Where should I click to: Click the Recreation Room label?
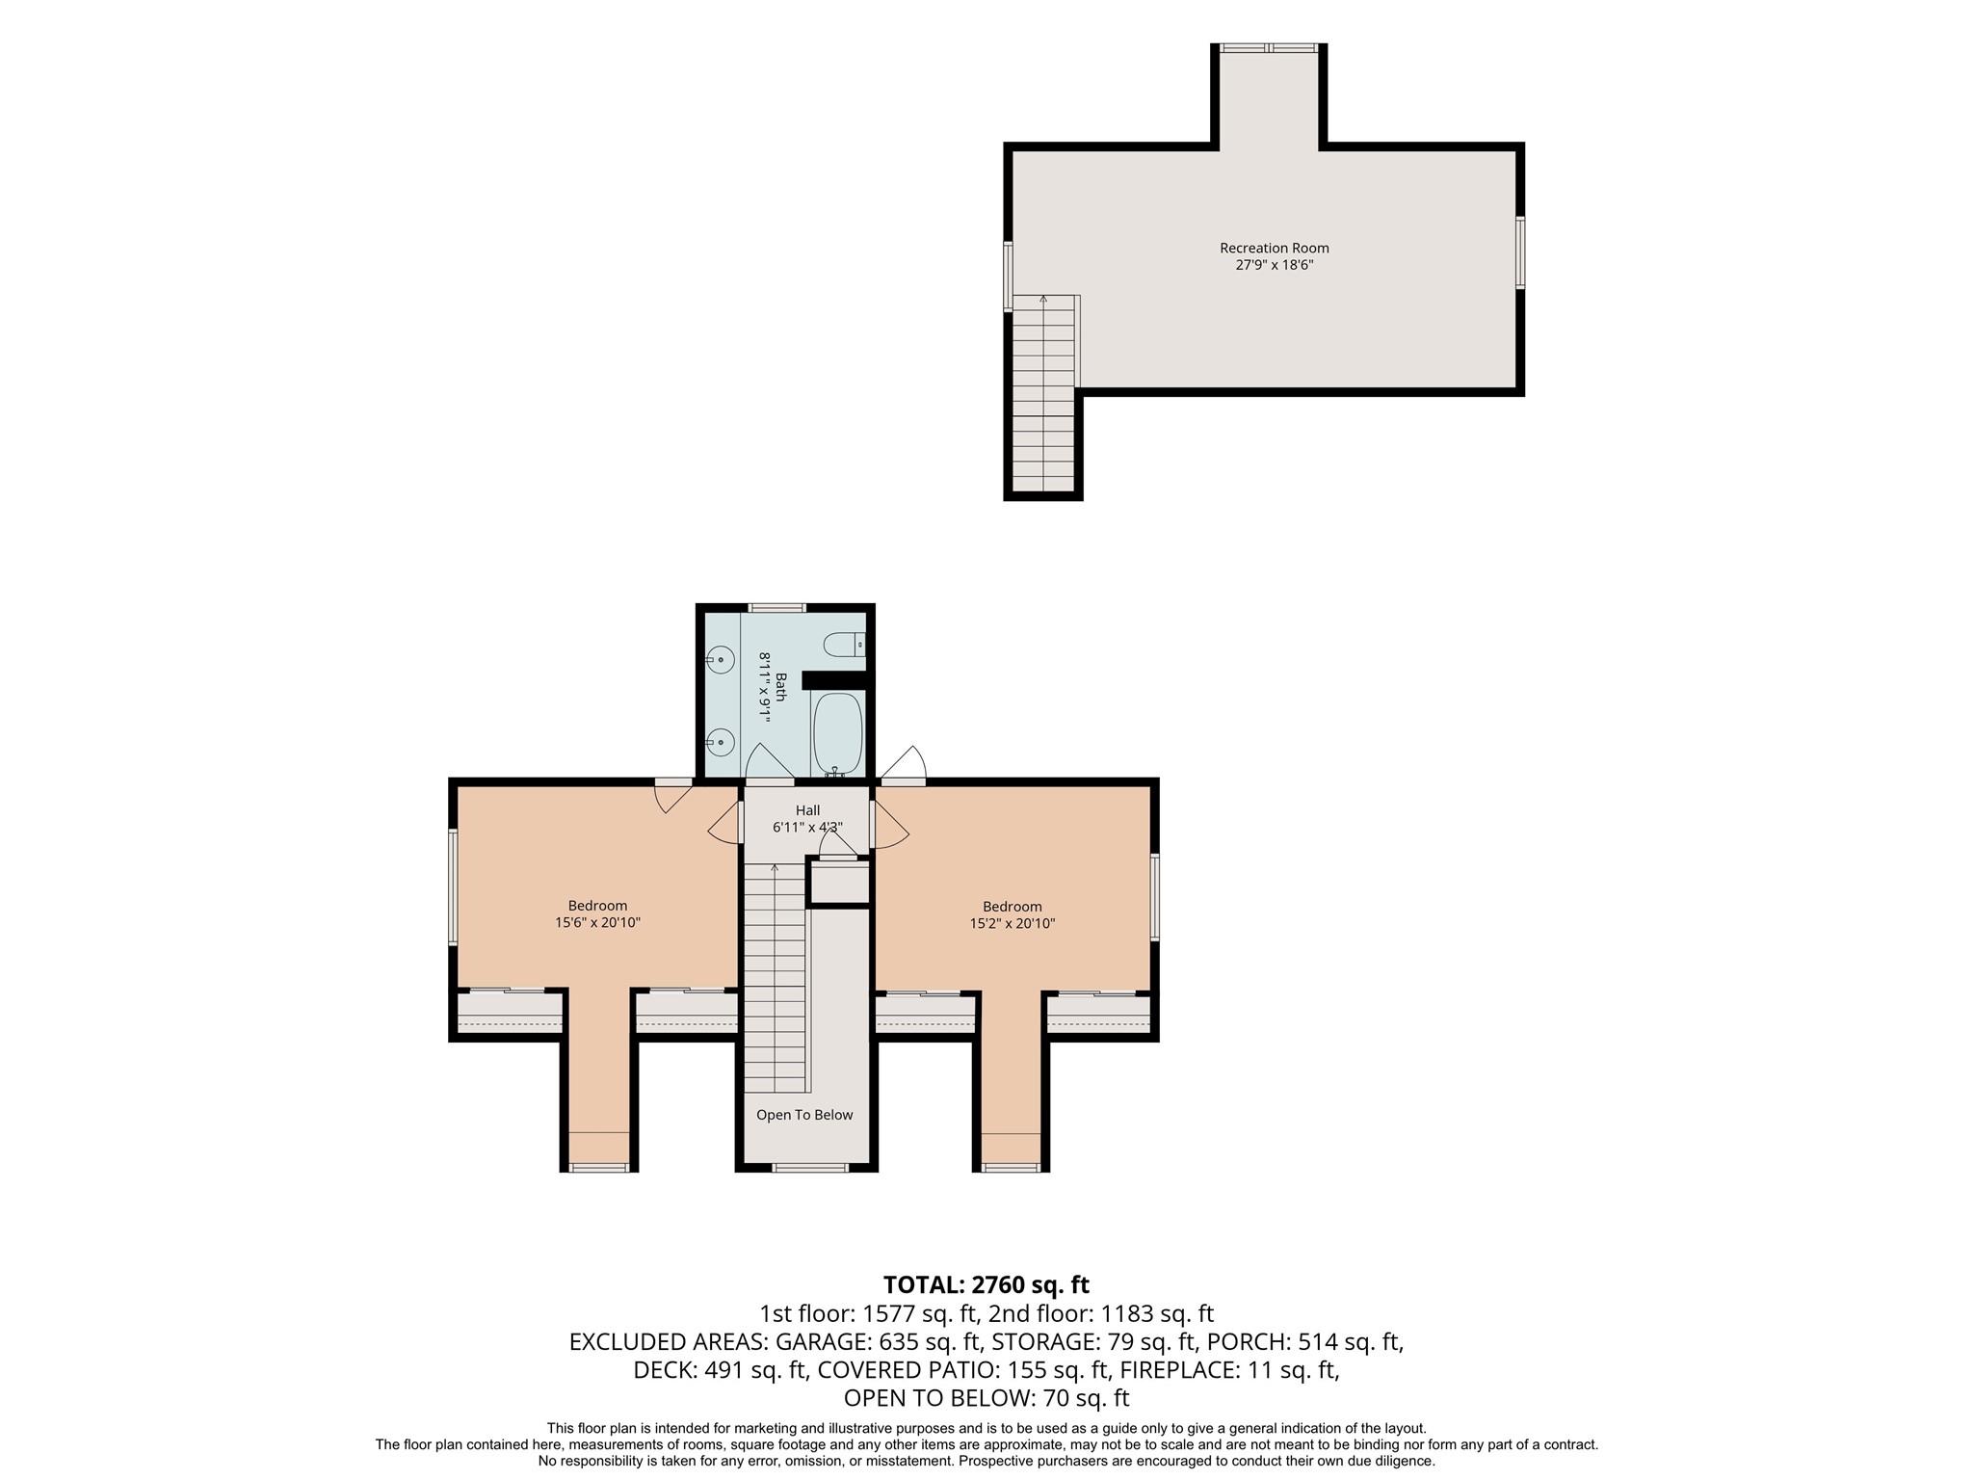tap(1274, 248)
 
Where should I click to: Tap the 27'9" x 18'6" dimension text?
tap(1274, 264)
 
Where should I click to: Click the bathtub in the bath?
tap(837, 734)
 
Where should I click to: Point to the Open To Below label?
tap(804, 1115)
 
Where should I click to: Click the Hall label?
tap(807, 810)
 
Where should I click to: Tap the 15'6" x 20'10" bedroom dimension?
tap(597, 922)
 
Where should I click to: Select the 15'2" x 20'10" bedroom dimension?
tap(1013, 923)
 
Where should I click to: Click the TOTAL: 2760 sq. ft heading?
tap(986, 1284)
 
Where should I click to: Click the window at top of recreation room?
tap(1268, 47)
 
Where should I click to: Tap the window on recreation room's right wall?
tap(1520, 252)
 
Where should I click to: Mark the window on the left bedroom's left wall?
tap(453, 886)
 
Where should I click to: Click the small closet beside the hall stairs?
tap(838, 882)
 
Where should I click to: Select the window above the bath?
tap(777, 608)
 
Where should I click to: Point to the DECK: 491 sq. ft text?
tap(726, 1369)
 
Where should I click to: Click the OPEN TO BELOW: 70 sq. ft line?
tap(986, 1397)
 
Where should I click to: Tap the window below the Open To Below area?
tap(810, 1168)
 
